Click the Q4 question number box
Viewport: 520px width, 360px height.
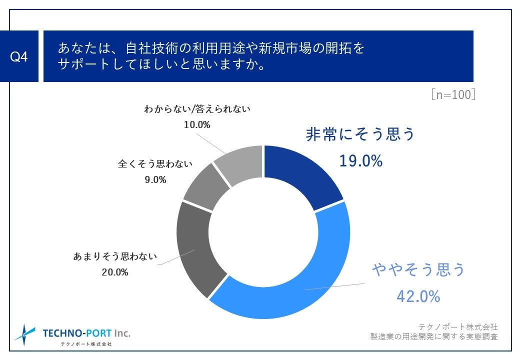(x=19, y=56)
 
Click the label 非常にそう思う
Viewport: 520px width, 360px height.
(x=360, y=134)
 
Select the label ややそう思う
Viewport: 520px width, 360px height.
(x=418, y=270)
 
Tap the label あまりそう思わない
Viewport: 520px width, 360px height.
(x=115, y=257)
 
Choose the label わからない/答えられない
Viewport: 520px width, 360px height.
(x=197, y=108)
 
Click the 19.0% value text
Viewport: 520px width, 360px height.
(x=360, y=161)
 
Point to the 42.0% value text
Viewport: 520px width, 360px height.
(x=418, y=296)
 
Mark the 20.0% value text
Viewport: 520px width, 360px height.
(x=115, y=272)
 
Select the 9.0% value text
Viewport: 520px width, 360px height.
(x=155, y=179)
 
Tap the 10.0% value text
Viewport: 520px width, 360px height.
(x=197, y=124)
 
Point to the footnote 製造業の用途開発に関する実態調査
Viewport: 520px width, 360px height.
(x=433, y=336)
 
